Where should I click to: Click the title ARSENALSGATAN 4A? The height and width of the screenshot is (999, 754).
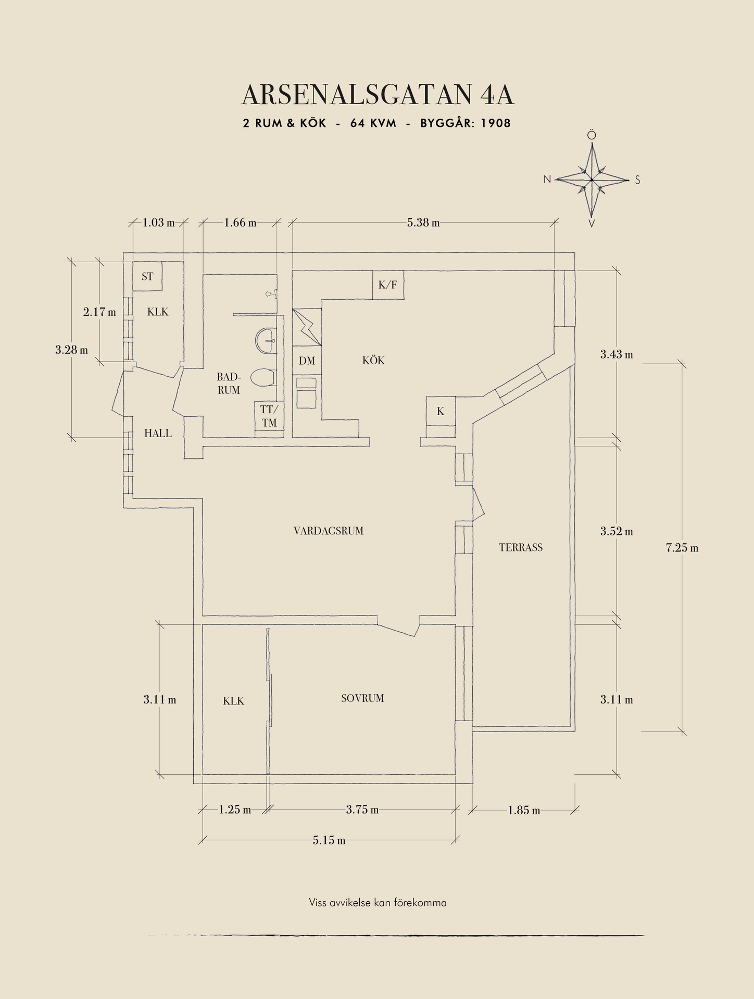pyautogui.click(x=378, y=95)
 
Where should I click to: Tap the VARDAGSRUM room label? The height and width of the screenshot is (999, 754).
pyautogui.click(x=328, y=531)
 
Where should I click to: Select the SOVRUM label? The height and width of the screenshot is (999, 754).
pyautogui.click(x=362, y=698)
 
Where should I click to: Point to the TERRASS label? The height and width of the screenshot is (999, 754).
pyautogui.click(x=521, y=547)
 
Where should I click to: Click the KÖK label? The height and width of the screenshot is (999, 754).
pyautogui.click(x=373, y=361)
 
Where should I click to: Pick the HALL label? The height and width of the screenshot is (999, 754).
pyautogui.click(x=158, y=433)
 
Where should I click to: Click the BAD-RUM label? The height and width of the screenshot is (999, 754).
pyautogui.click(x=229, y=383)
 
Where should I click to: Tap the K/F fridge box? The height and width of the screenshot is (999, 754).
pyautogui.click(x=388, y=285)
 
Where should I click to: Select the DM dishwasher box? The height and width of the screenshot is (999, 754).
pyautogui.click(x=307, y=361)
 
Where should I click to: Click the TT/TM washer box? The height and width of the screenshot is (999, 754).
pyautogui.click(x=269, y=416)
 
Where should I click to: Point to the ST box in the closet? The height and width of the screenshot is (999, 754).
pyautogui.click(x=147, y=277)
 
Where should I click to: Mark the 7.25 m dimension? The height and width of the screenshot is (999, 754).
pyautogui.click(x=682, y=548)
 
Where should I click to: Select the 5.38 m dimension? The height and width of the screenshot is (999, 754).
pyautogui.click(x=423, y=223)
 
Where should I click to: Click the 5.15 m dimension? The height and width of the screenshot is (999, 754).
pyautogui.click(x=329, y=840)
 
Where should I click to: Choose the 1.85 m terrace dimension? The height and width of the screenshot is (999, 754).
pyautogui.click(x=524, y=810)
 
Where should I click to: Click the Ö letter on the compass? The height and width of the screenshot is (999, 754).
pyautogui.click(x=592, y=135)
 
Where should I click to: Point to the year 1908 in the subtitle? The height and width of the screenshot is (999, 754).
pyautogui.click(x=496, y=123)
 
